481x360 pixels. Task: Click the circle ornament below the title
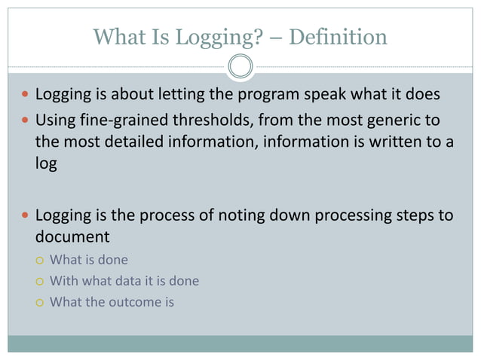[x=240, y=66]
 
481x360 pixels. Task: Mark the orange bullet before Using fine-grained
[x=25, y=121]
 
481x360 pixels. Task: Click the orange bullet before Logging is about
[x=25, y=97]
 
